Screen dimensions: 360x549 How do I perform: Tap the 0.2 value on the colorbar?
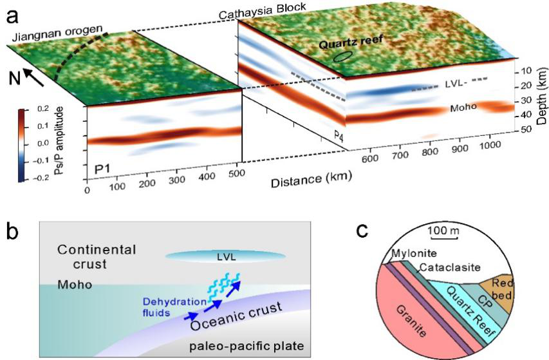click(x=42, y=109)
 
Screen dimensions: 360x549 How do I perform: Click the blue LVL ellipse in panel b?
click(x=225, y=257)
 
